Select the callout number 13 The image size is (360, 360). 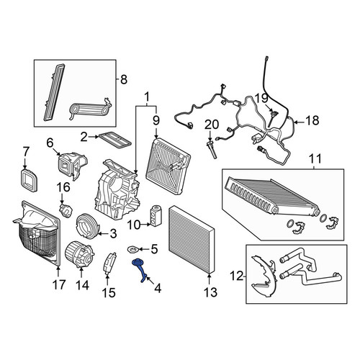click(210, 292)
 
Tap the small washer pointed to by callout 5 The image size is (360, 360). click(131, 250)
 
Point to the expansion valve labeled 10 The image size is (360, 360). click(156, 215)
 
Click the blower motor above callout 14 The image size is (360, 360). click(80, 254)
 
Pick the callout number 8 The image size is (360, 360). click(124, 79)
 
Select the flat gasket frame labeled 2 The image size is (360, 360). click(115, 140)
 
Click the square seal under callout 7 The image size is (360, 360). click(29, 180)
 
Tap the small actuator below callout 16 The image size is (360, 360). click(66, 210)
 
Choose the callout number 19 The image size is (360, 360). click(261, 98)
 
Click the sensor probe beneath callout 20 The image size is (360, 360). click(212, 150)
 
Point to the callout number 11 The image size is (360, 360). click(315, 158)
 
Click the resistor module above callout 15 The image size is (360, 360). click(109, 264)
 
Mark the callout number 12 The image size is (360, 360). click(237, 276)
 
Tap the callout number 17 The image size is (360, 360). click(59, 284)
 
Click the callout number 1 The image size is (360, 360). click(147, 97)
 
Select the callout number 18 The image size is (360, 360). click(312, 120)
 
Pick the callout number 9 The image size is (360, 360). click(156, 120)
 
